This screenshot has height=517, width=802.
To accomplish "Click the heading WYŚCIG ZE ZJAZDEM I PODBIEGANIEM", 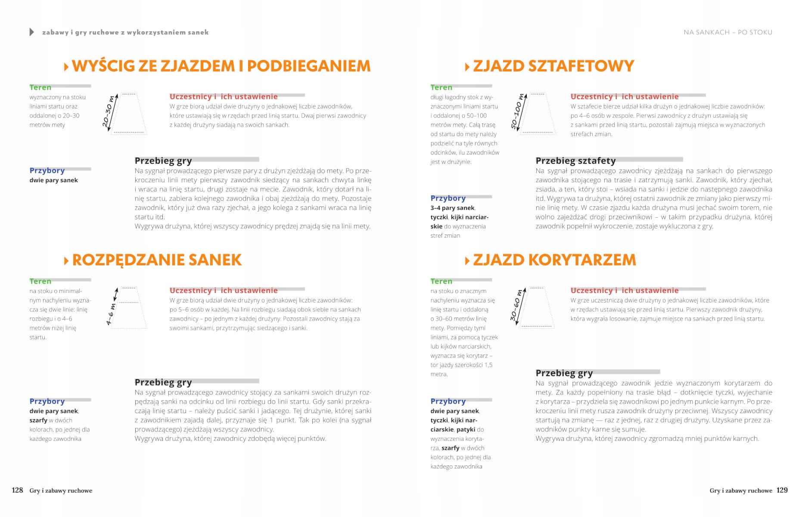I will coord(221,66).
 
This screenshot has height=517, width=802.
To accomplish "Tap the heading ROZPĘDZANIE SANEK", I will coord(157,260).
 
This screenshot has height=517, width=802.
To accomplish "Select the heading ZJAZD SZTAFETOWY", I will coord(553,66).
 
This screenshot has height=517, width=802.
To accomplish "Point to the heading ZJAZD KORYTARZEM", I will coord(554,260).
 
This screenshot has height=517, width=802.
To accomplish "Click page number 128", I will coord(17,490).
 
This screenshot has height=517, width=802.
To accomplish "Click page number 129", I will coord(782,490).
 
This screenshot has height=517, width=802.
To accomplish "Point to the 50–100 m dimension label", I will coord(517,112).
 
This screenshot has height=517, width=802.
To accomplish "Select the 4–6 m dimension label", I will coord(111,314).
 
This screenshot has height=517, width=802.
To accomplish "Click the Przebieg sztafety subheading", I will coord(575,161).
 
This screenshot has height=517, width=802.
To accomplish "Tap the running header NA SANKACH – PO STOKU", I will coord(728,32).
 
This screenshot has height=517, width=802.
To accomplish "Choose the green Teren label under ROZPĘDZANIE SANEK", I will coord(40,281).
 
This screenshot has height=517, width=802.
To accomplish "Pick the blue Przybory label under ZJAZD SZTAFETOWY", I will coord(448,198).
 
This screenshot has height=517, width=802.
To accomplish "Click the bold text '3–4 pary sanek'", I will coord(452,208).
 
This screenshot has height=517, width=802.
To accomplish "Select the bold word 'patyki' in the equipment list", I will coord(466,430).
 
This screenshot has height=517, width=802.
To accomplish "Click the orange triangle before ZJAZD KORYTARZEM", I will coord(467,261).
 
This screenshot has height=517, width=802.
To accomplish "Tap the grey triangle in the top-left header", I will coord(31,32).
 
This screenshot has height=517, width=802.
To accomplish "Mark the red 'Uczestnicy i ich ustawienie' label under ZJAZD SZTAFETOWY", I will coord(624,97).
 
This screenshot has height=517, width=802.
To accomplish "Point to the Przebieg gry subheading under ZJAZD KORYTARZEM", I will coord(564,373).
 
